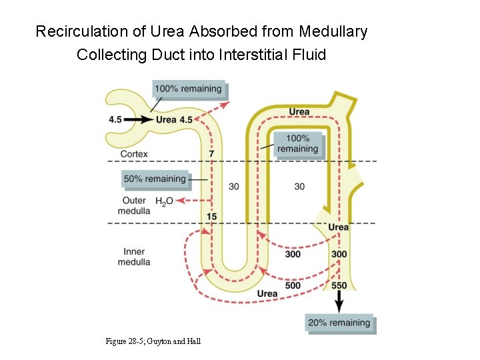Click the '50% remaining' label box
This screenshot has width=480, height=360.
point(155,179)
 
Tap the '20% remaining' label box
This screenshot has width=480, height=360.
point(339,323)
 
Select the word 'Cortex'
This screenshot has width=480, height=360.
point(134,154)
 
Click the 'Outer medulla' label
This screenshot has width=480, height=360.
point(134,206)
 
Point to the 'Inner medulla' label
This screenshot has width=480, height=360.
point(134,257)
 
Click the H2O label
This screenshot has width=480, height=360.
point(163,201)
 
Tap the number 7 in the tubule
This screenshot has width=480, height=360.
point(211,154)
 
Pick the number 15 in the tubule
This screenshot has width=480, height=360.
point(211,217)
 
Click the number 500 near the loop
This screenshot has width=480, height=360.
point(292,286)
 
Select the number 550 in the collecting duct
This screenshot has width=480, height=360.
point(339,286)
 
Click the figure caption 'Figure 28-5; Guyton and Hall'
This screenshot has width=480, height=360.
point(153,341)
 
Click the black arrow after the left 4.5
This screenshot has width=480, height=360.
point(139,120)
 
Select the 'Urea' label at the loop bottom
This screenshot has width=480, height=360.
point(267,294)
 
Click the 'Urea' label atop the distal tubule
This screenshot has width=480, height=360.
point(299,111)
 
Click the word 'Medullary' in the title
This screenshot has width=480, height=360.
point(333,31)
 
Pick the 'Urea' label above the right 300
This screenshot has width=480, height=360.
point(338,227)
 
